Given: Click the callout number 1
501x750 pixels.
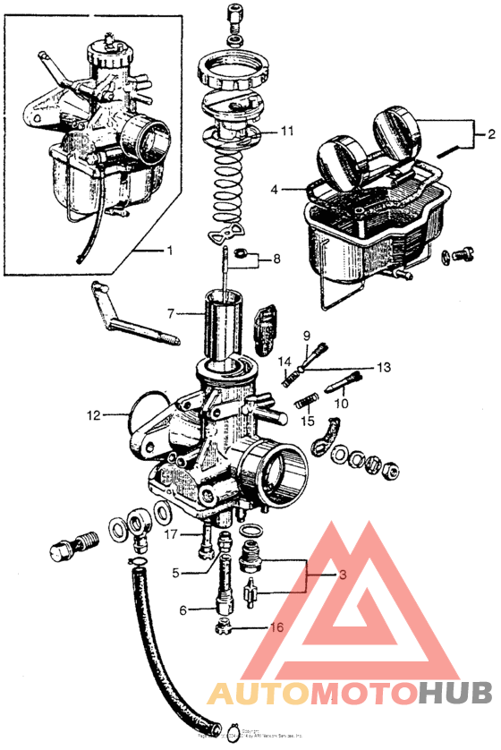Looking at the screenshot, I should point(169,250).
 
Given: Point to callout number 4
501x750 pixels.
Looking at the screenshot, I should point(275,190).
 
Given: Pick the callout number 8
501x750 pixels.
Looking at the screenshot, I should point(276,260).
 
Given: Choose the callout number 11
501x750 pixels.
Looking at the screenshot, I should point(287,131).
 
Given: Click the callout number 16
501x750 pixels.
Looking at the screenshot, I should point(276,627).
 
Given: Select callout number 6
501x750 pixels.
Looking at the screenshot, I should point(183,610).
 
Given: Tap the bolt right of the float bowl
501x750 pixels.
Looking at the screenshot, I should point(462,254).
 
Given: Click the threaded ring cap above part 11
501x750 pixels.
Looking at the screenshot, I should point(233,70).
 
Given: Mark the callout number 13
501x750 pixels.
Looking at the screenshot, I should point(383,367).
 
